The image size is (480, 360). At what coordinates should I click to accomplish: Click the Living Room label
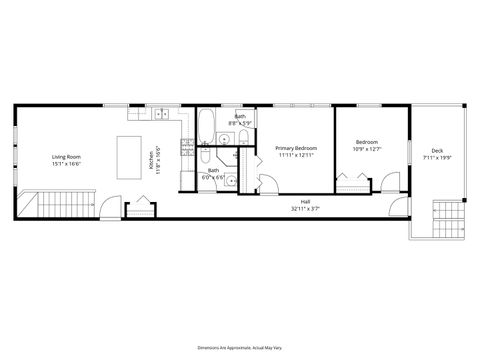[66, 156]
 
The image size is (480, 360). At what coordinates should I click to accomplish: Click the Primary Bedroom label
[295, 147]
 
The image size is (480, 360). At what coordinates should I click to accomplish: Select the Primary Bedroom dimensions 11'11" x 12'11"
[295, 155]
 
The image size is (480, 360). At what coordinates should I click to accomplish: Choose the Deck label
[438, 150]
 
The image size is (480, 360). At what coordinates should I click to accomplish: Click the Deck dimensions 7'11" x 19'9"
[438, 157]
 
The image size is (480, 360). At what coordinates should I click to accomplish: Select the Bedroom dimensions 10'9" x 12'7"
[367, 150]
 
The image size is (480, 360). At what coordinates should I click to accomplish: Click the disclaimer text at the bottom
[239, 347]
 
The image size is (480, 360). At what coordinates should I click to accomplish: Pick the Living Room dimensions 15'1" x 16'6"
[66, 163]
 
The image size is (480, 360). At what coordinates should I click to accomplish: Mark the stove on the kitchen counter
[185, 149]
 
